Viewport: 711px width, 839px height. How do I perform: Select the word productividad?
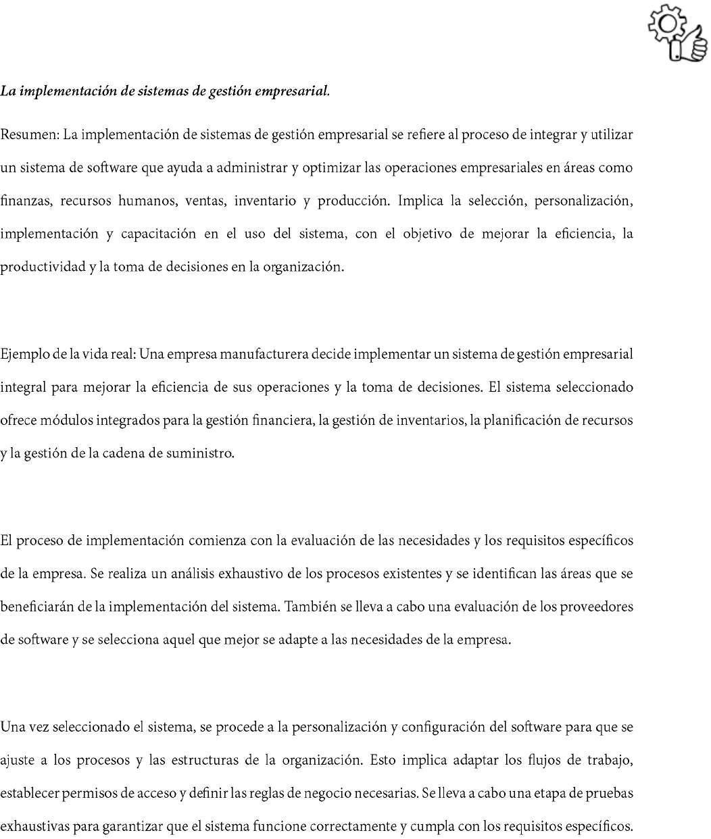pyautogui.click(x=39, y=267)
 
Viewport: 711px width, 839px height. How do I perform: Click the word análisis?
pyautogui.click(x=193, y=574)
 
